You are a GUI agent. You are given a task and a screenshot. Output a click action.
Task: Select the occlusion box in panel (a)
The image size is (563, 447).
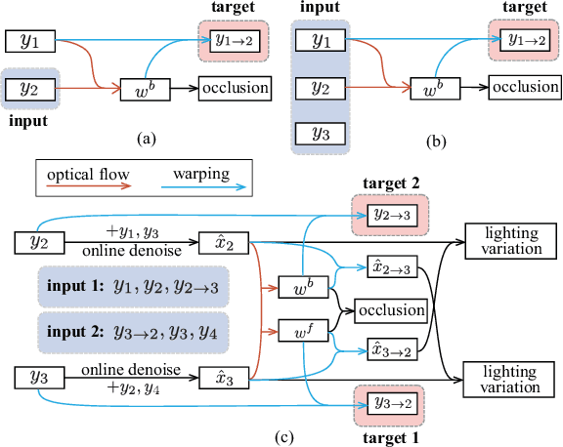click(x=235, y=88)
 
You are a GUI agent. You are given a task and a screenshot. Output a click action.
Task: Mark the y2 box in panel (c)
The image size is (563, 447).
click(x=38, y=239)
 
